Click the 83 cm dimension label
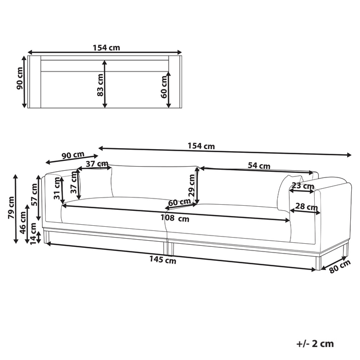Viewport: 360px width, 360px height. pyautogui.click(x=100, y=85)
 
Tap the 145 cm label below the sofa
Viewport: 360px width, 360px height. pyautogui.click(x=163, y=260)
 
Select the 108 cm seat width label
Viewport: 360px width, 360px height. pyautogui.click(x=175, y=218)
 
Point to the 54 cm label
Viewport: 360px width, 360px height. pyautogui.click(x=259, y=166)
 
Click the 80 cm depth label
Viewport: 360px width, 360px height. pyautogui.click(x=340, y=266)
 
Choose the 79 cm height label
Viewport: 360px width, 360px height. pyautogui.click(x=11, y=208)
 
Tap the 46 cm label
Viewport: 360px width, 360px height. pyautogui.click(x=23, y=223)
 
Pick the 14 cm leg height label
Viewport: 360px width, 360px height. pyautogui.click(x=33, y=233)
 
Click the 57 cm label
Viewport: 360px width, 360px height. pyautogui.click(x=34, y=195)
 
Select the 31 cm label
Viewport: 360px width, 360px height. pyautogui.click(x=57, y=189)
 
